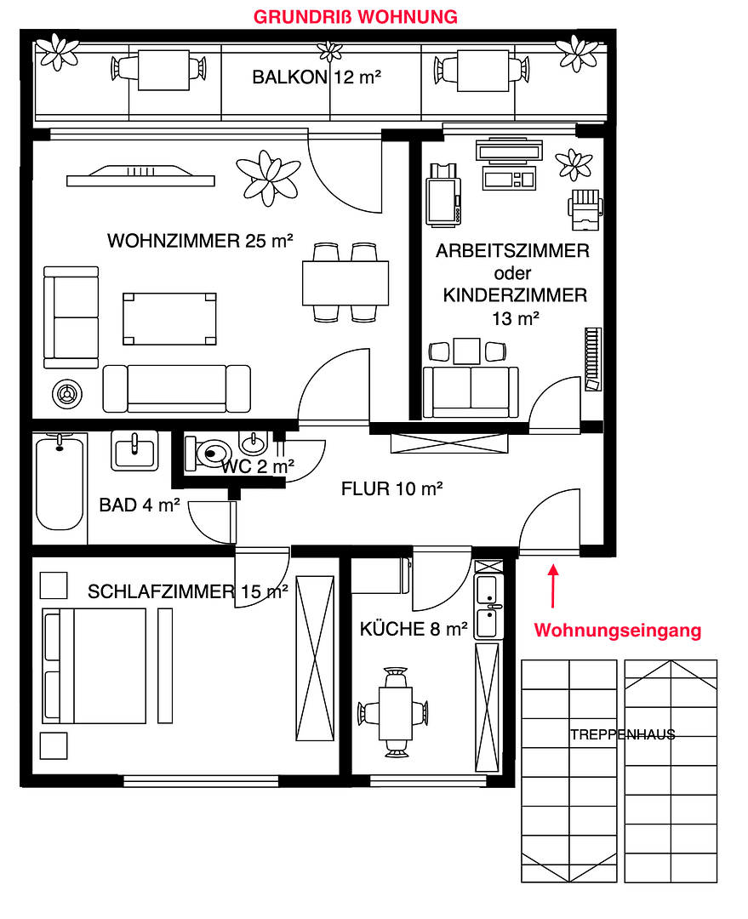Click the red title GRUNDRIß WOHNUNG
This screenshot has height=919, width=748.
pos(357,16)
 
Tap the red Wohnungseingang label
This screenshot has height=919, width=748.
pos(617,631)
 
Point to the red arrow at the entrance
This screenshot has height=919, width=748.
pos(553,586)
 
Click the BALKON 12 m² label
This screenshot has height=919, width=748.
pos(316,77)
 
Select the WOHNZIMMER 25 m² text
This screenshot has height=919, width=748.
pos(200,241)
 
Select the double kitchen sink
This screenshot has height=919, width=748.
pos(488,607)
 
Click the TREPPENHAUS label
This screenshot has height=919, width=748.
pos(623,734)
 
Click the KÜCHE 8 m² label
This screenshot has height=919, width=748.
pos(414,630)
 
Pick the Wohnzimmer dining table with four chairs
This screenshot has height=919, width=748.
pos(345,283)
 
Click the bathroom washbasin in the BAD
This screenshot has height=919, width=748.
pos(134,450)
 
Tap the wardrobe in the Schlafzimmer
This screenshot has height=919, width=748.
pos(315,659)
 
